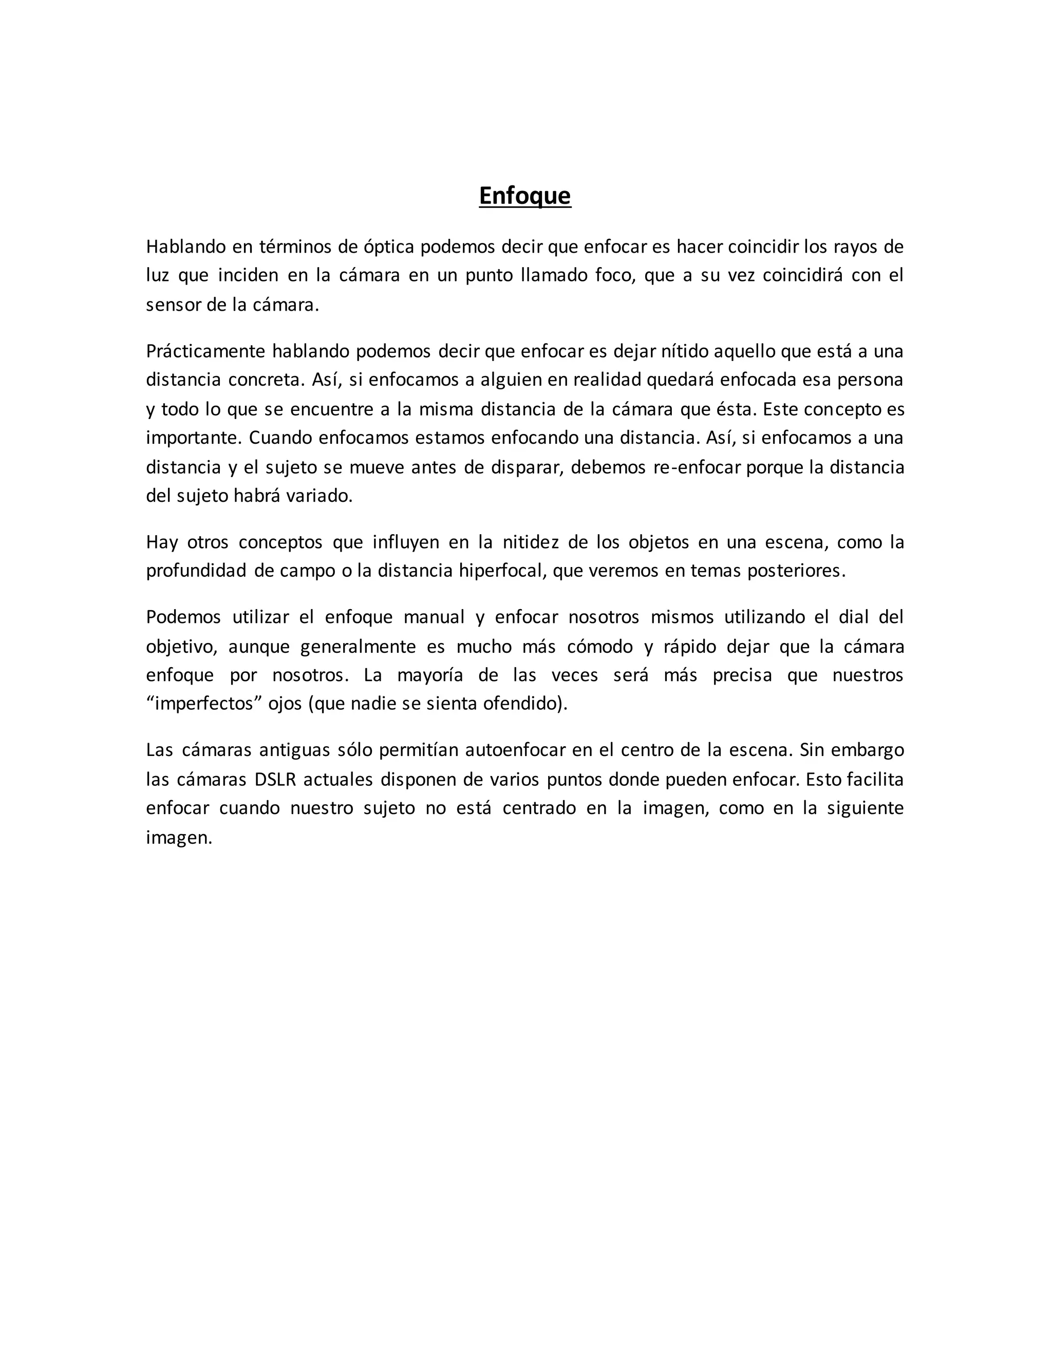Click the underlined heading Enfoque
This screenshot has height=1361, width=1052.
click(525, 196)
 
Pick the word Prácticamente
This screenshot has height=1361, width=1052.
click(205, 351)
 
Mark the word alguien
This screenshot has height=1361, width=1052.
click(513, 380)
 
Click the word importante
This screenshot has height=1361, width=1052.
click(193, 438)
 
